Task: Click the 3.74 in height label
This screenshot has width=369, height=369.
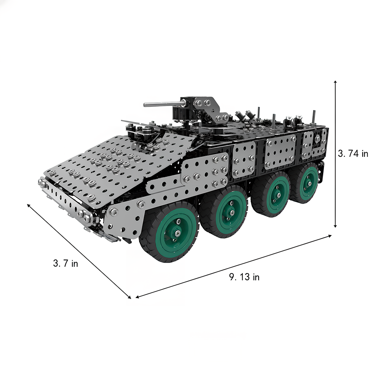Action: point(353,153)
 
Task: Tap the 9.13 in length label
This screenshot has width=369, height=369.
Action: point(244,277)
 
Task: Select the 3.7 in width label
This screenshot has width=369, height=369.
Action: point(65,263)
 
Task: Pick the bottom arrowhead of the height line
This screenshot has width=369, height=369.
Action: point(335,226)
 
